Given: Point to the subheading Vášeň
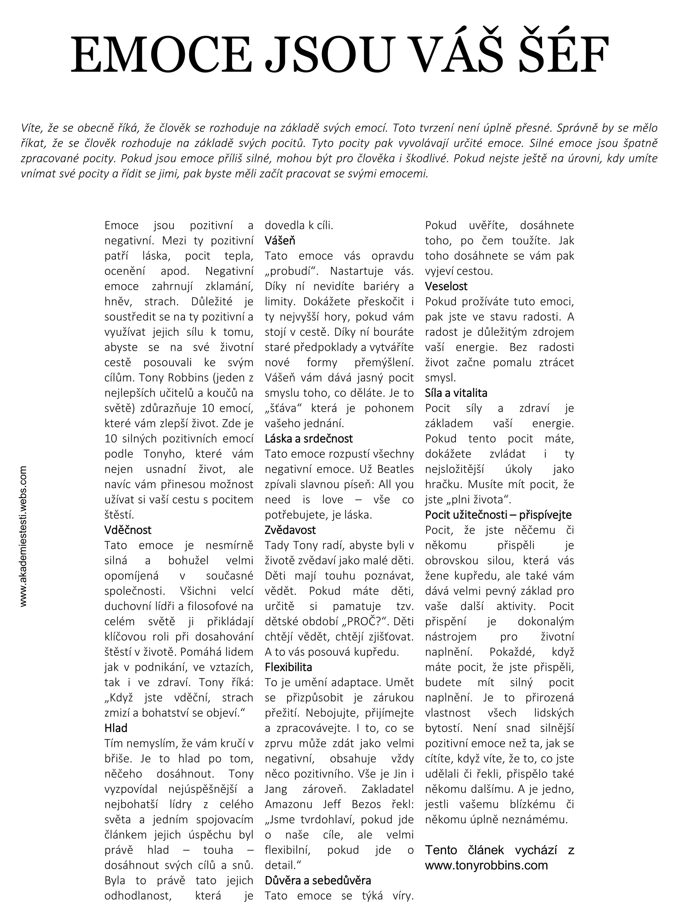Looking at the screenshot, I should [x=280, y=241].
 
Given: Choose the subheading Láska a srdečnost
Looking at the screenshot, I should [x=308, y=438].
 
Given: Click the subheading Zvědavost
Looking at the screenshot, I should [x=290, y=530].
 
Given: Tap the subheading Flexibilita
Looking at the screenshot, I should [x=288, y=667].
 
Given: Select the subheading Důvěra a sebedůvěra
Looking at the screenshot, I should [x=318, y=881].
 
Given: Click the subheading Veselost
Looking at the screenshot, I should [x=446, y=286].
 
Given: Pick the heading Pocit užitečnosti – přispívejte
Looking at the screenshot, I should [x=498, y=515].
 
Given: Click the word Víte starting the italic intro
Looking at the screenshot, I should [x=31, y=129].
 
